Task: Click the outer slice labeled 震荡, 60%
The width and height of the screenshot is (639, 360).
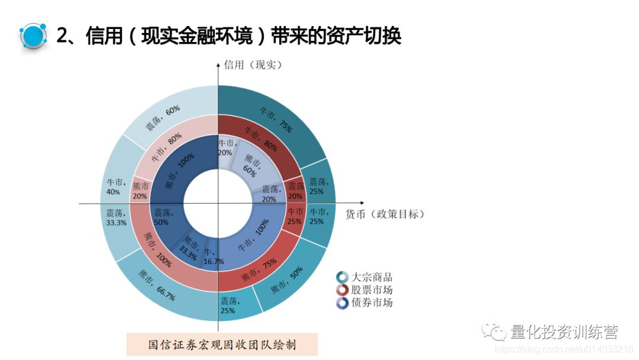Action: (x=164, y=118)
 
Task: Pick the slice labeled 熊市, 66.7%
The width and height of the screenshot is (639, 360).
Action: (x=158, y=285)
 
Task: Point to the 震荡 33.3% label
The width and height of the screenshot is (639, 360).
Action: (x=116, y=217)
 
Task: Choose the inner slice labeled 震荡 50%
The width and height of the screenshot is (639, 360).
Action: (x=161, y=217)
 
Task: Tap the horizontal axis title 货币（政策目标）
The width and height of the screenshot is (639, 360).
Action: (x=385, y=214)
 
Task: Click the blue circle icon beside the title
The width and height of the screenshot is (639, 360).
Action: (x=34, y=36)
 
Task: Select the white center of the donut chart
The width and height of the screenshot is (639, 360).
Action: (x=218, y=204)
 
